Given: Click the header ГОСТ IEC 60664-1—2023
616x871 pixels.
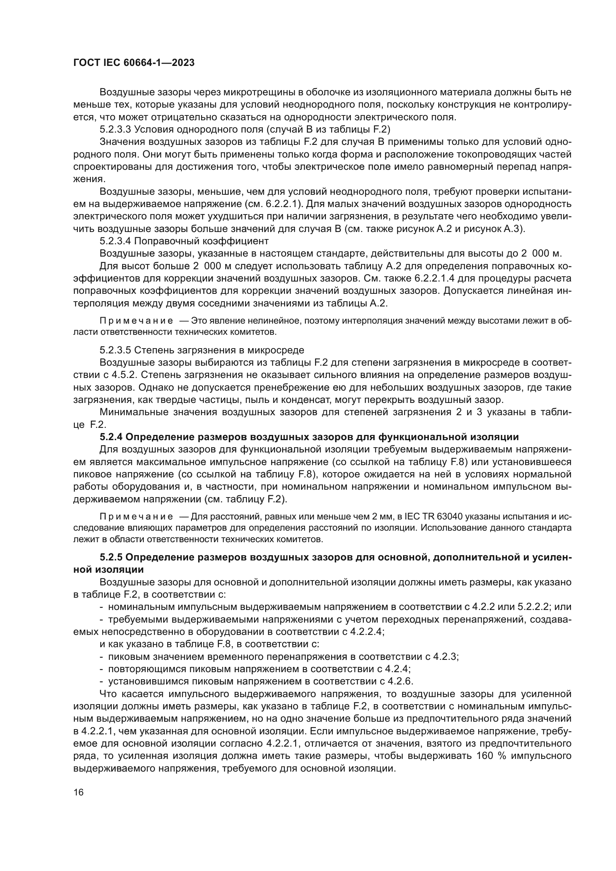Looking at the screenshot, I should click(x=134, y=63).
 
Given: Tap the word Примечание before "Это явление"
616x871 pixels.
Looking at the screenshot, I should click(x=136, y=321).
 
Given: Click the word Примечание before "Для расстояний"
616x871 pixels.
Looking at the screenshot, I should click(x=136, y=517).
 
